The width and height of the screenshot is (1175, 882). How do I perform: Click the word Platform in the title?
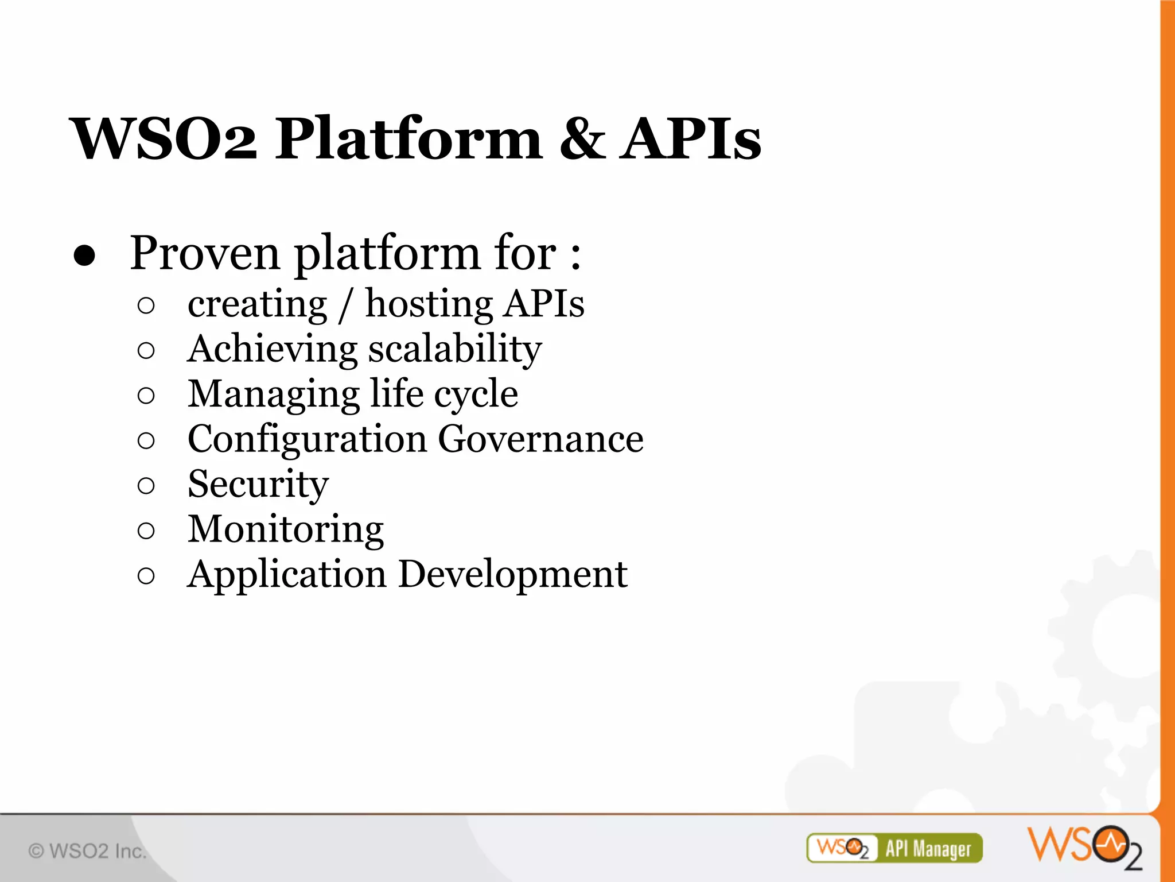click(x=408, y=139)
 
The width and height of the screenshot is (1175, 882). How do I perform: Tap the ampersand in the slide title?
click(x=582, y=139)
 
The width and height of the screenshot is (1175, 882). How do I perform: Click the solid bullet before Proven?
click(x=84, y=256)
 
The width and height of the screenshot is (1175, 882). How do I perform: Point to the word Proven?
click(x=204, y=253)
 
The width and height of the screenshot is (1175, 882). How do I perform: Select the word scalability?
click(x=454, y=350)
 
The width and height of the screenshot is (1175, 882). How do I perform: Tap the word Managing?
click(x=273, y=395)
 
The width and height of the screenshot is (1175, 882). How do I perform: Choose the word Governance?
click(x=540, y=439)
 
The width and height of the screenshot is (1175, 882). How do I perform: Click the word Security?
click(x=258, y=485)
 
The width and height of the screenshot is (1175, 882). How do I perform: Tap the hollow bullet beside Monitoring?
click(x=146, y=531)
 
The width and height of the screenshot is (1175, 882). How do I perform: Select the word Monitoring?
click(x=286, y=530)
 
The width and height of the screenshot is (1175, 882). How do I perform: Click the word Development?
click(x=512, y=575)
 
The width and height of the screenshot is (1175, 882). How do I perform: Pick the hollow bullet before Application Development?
click(x=146, y=576)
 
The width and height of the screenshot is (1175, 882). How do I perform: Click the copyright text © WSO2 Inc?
click(x=87, y=851)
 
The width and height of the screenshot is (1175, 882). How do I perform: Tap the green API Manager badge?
click(x=894, y=848)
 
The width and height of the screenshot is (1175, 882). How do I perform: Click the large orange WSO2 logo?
click(x=1084, y=846)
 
